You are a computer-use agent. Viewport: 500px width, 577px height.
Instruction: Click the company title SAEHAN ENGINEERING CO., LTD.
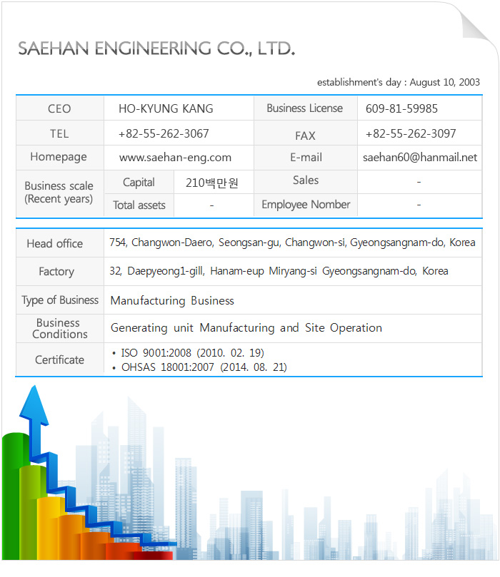(x=156, y=48)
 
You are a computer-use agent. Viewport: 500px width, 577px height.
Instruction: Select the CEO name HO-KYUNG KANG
(x=166, y=109)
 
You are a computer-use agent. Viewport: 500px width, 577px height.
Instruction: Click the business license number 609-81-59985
(x=401, y=109)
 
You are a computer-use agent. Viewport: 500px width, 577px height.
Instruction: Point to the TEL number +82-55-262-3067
(x=164, y=134)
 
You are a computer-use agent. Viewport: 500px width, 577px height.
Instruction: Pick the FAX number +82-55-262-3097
(x=411, y=134)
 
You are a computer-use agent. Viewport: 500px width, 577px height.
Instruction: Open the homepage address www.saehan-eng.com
(x=175, y=158)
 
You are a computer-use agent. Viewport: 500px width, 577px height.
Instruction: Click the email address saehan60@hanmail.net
(x=420, y=158)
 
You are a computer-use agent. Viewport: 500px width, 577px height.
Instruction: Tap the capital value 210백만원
(x=211, y=183)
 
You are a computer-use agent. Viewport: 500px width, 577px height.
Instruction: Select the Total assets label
(x=139, y=205)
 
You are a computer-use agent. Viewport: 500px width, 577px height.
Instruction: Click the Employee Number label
(x=306, y=205)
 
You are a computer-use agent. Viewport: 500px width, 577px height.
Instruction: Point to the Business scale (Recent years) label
(x=59, y=193)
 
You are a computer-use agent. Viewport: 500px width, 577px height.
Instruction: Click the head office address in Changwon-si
(x=292, y=242)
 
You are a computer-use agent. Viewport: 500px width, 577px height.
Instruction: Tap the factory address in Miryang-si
(x=279, y=271)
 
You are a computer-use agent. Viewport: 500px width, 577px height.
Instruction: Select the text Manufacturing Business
(x=172, y=300)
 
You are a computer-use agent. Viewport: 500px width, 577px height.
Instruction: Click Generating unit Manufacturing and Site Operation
(x=246, y=328)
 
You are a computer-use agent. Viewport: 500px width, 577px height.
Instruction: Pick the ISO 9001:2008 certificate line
(x=193, y=352)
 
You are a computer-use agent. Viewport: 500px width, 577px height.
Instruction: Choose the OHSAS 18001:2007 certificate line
(x=204, y=367)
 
